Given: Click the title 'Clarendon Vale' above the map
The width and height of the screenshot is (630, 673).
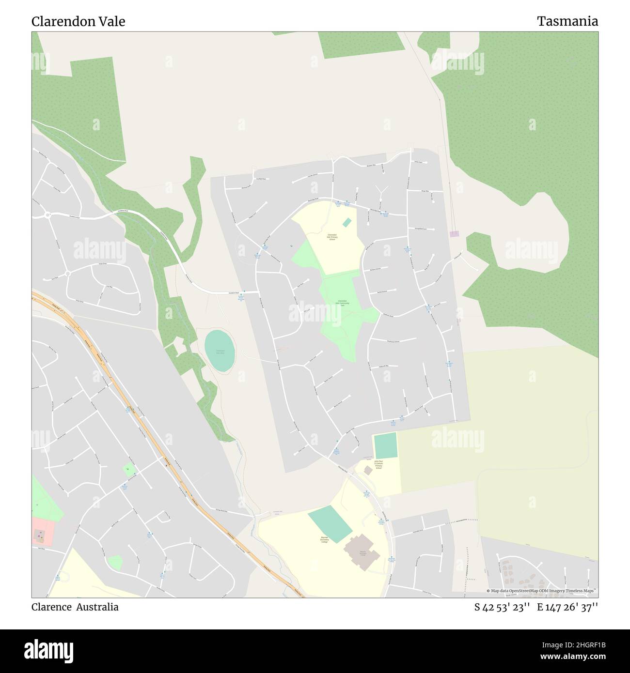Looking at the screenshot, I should tap(79, 21).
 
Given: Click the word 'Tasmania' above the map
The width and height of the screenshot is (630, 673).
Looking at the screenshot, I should tap(567, 21).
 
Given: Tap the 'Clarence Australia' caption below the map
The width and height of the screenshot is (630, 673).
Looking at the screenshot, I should tap(75, 607).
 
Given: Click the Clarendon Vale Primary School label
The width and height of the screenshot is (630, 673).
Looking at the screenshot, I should tap(332, 238).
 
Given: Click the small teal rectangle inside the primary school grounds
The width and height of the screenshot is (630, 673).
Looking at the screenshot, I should tap(347, 222).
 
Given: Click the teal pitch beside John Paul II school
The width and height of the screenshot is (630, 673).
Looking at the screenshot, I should tap(385, 445).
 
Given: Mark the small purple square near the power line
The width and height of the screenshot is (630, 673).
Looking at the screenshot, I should tap(454, 234).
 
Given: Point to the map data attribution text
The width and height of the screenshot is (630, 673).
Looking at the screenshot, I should tap(541, 591).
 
